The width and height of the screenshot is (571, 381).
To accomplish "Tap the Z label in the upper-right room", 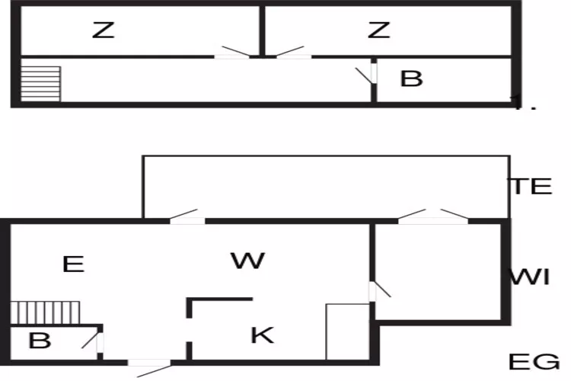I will [378, 30].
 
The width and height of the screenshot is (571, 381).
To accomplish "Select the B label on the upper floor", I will [411, 78].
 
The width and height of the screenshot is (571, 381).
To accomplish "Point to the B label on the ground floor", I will [39, 341].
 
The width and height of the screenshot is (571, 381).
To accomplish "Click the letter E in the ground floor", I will [72, 264].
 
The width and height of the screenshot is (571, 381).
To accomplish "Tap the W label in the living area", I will [247, 261].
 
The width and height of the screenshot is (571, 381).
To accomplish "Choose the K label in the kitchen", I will [262, 335].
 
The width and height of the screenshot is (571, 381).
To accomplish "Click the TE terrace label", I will [531, 187].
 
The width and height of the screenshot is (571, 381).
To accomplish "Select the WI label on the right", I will [530, 277].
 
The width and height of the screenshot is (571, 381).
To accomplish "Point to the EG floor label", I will [534, 362].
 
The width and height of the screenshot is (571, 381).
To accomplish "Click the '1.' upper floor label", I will [525, 104].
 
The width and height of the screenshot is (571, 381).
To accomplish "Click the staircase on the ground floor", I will [46, 313].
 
